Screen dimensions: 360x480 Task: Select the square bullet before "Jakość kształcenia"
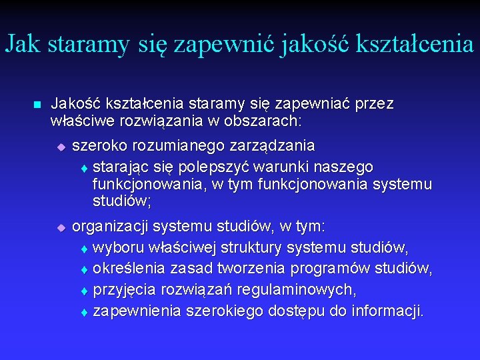(37, 105)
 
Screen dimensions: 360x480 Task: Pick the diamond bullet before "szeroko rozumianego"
(60, 147)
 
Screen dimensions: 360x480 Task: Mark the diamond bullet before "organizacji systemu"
(60, 228)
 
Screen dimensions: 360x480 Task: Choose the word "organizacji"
(109, 227)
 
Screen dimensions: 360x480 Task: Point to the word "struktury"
(254, 247)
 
